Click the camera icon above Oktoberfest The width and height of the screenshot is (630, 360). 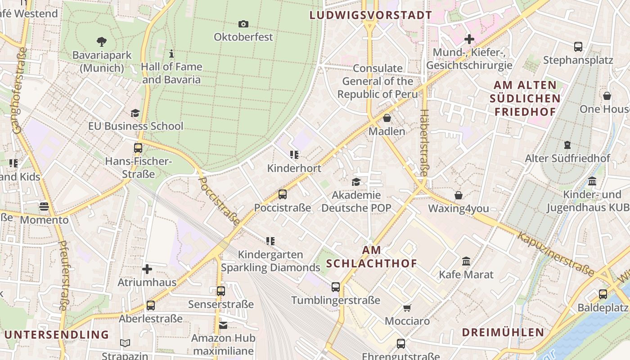tap(243, 24)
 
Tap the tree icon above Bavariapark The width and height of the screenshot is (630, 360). tap(102, 42)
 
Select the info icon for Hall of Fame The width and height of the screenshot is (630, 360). tap(171, 54)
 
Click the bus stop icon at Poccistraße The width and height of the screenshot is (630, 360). tap(283, 194)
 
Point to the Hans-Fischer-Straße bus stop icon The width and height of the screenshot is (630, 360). tap(138, 148)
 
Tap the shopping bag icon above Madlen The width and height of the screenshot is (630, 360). tap(387, 118)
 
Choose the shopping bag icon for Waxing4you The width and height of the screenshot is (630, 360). tap(459, 195)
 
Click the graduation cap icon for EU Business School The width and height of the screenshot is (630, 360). tap(135, 113)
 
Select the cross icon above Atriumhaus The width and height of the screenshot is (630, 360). tap(147, 269)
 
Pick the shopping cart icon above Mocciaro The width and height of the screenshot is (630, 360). tap(407, 308)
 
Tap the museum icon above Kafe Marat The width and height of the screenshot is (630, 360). tap(466, 261)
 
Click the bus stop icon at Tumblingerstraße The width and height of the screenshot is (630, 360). tap(336, 287)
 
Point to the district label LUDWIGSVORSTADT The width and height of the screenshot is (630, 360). tap(371, 15)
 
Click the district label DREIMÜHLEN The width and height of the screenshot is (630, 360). tap(503, 333)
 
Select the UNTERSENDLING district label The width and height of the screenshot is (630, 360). tap(57, 334)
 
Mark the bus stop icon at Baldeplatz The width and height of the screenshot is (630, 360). tap(603, 294)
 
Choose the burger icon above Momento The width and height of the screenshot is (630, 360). tap(44, 207)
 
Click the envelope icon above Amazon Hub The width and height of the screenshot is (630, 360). tap(223, 325)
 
